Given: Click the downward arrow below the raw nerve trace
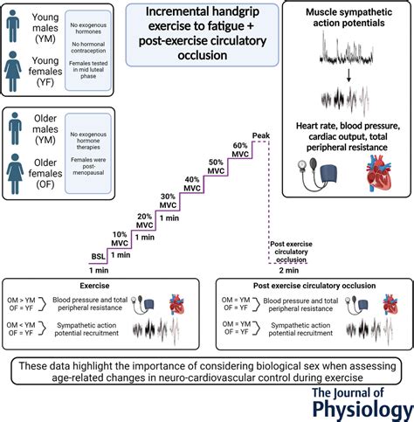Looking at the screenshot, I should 349,77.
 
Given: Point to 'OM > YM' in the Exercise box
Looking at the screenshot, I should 29,298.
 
